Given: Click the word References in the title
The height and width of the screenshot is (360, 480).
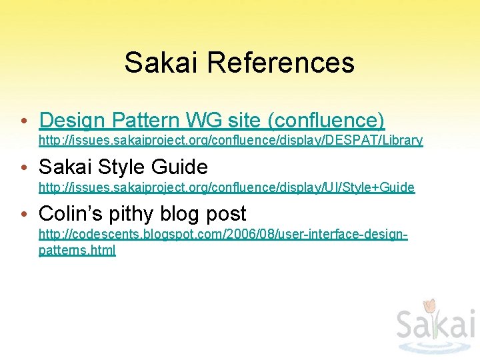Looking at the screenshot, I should point(280,63).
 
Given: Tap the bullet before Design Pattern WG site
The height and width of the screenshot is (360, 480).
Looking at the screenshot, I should point(24,121).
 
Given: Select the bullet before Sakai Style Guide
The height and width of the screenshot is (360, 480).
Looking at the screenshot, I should point(24,168).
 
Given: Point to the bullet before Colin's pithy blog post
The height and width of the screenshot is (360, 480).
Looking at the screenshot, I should point(24,215).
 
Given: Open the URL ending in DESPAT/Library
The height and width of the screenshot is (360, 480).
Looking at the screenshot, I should point(230,141).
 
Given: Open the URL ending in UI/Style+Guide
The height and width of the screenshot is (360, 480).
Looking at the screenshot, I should point(226,188).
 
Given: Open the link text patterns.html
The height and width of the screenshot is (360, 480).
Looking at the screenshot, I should point(77,251).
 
